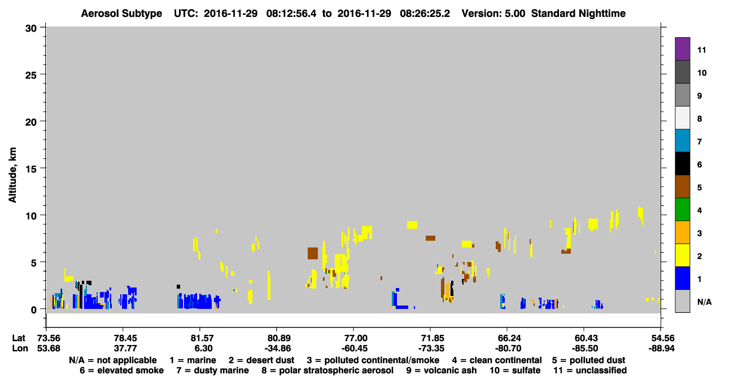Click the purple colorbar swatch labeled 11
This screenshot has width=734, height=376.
point(682,48)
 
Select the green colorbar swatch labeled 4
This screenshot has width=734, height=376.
point(682,210)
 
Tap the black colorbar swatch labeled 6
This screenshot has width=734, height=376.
point(682,163)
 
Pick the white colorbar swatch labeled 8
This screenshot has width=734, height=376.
point(682,118)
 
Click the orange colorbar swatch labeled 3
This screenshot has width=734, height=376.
point(682,232)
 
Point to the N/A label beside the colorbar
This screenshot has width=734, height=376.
point(704,302)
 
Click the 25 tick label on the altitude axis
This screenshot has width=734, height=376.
point(31,75)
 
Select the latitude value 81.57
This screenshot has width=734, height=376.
point(202,338)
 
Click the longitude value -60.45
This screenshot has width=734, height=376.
point(354,348)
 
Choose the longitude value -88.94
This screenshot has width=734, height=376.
point(661,348)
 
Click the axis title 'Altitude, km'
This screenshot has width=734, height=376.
point(12,175)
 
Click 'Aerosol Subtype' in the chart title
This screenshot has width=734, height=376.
point(121,14)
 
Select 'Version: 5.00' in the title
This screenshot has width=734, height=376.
point(493,14)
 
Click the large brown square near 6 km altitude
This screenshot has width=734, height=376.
point(313,253)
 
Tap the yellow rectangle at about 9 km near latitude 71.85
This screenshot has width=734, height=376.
point(412,225)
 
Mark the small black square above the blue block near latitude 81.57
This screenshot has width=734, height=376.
point(178,287)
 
